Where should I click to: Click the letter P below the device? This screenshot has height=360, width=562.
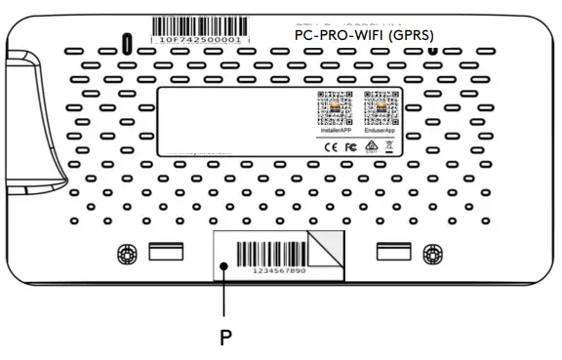tap(225, 338)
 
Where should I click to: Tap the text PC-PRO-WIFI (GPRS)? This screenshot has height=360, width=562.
tap(365, 33)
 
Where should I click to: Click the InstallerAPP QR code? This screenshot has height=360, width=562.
tap(334, 106)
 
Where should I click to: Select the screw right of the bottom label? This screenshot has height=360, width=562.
tap(429, 254)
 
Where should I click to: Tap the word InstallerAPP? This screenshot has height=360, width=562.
tap(334, 127)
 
